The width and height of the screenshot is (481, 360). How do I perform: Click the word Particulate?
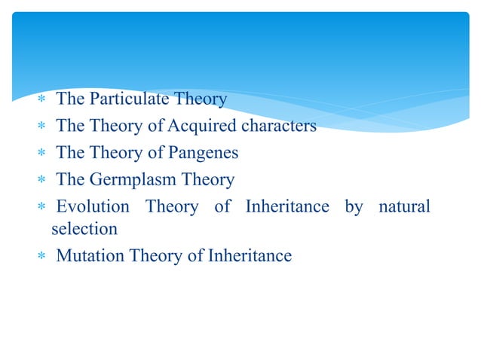tap(130, 99)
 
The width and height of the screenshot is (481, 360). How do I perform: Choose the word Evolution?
tap(93, 206)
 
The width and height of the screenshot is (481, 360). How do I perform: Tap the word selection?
tap(84, 227)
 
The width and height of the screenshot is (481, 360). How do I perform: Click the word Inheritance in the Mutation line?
tap(250, 255)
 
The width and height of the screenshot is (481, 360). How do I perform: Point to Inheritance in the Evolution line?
tap(287, 206)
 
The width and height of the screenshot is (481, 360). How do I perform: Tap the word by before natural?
tap(354, 207)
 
